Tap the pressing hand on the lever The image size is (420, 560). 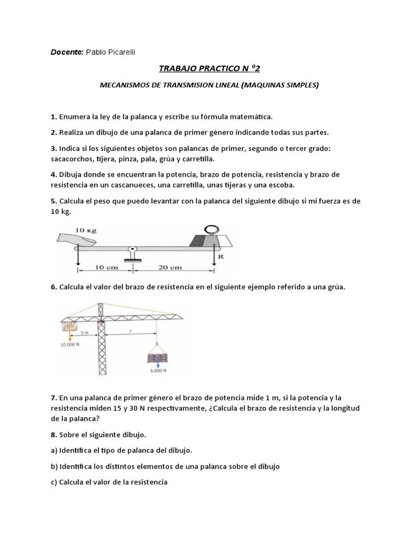pyautogui.click(x=77, y=238)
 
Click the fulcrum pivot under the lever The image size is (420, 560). pyautogui.click(x=132, y=252)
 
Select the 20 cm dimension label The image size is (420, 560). pyautogui.click(x=170, y=268)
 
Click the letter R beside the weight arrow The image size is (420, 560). pyautogui.click(x=220, y=255)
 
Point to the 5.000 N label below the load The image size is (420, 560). pyautogui.click(x=157, y=370)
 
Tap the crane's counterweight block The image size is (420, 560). pyautogui.click(x=69, y=327)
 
